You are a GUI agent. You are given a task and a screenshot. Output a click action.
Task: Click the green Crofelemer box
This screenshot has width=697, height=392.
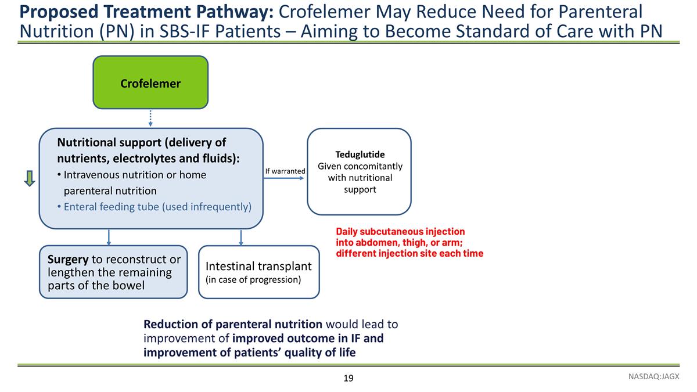coord(150,82)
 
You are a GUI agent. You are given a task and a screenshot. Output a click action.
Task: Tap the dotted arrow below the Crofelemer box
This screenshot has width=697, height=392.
coord(150,118)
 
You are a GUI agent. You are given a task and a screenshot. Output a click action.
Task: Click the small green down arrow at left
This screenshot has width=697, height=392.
coord(29,179)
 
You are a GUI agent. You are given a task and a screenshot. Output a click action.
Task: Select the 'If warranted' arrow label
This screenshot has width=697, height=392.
coord(285,171)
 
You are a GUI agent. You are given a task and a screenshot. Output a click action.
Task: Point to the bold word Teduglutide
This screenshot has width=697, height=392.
coord(360,154)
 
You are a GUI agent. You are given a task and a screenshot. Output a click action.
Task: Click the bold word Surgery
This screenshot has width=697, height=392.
coord(68,259)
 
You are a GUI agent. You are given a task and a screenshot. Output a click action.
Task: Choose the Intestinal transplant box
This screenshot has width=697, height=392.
coord(259,272)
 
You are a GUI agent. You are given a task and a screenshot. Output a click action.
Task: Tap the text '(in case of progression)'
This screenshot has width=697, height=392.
coord(253,279)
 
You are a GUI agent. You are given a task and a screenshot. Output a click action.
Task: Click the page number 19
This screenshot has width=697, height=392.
coord(348,378)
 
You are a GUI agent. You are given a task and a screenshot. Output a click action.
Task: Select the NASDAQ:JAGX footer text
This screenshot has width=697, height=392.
coord(654,376)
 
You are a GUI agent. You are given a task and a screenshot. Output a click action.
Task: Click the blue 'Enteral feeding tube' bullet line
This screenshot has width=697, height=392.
coord(155,207)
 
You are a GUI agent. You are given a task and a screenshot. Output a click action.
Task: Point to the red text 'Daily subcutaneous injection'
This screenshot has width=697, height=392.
coord(400,232)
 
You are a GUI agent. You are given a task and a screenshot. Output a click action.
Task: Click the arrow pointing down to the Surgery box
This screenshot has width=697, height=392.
coord(109,238)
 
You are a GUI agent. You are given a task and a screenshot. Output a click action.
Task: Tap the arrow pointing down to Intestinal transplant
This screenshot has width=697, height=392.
coord(241,238)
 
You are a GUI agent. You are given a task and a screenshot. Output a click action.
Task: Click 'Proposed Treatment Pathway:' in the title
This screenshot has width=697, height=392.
coord(146,12)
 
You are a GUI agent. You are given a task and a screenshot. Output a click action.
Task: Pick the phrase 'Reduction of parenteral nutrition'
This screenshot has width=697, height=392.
coord(233,324)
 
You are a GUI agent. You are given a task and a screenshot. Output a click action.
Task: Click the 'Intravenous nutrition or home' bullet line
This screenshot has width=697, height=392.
coord(132,175)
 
